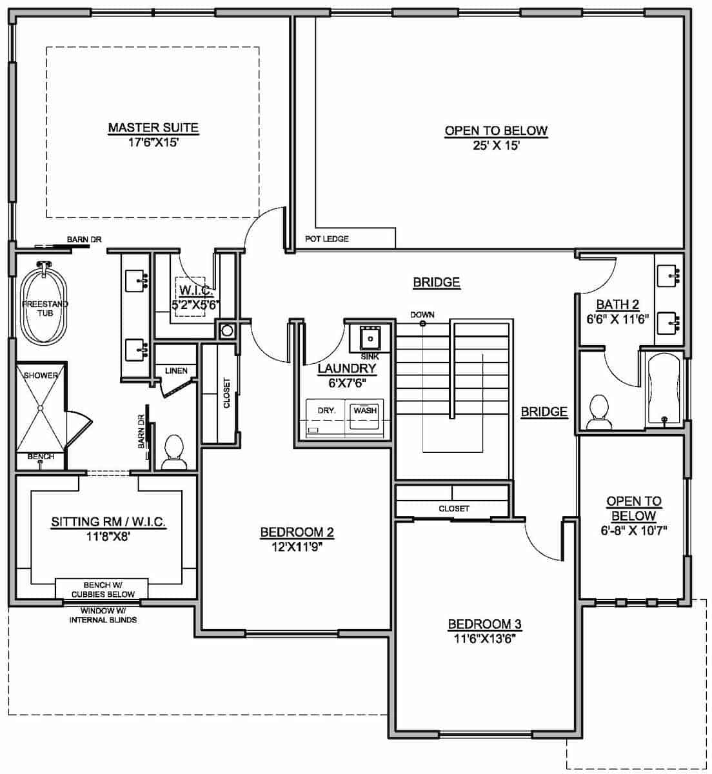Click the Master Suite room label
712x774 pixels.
click(x=153, y=128)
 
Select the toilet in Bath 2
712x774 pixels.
click(x=599, y=413)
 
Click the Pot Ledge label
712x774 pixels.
click(x=326, y=239)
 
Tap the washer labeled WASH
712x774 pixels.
click(x=365, y=416)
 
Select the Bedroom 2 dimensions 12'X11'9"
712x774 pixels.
click(x=296, y=546)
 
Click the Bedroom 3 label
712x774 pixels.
click(x=484, y=624)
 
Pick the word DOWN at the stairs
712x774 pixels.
click(x=422, y=315)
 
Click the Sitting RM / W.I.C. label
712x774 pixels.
click(x=108, y=523)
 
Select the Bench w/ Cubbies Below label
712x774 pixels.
click(x=102, y=590)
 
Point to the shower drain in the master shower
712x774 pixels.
click(x=40, y=408)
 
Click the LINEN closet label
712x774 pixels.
click(x=176, y=371)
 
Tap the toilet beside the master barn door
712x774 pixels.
click(x=173, y=451)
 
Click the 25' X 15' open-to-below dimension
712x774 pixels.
click(x=496, y=146)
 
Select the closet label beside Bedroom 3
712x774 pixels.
click(x=454, y=508)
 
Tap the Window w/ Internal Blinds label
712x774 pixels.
click(x=103, y=615)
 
